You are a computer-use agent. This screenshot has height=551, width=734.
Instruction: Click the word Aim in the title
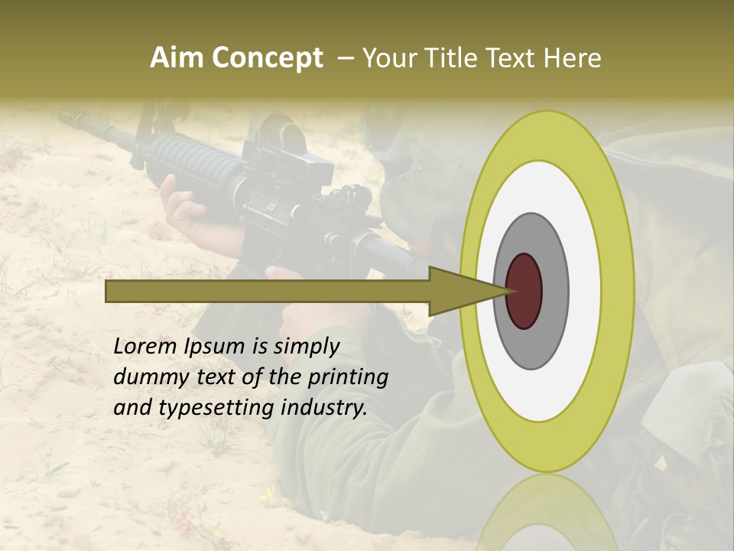pyautogui.click(x=177, y=58)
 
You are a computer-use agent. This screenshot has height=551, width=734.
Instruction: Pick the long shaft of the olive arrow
pyautogui.click(x=268, y=291)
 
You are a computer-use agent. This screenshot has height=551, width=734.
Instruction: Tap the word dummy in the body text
pyautogui.click(x=148, y=377)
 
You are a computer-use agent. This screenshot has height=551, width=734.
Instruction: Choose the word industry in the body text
pyautogui.click(x=323, y=408)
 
